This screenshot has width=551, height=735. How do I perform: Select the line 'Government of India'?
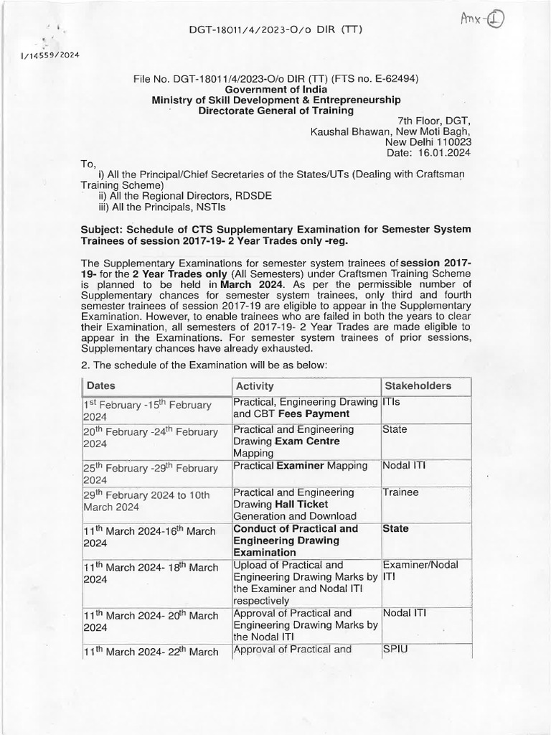pos(275,89)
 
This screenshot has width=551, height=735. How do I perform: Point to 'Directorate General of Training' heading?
pos(275,111)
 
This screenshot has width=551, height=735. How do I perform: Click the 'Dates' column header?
pos(101,386)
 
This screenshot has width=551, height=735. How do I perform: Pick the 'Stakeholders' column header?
pos(418,386)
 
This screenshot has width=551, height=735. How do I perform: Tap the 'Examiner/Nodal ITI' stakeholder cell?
pos(420,571)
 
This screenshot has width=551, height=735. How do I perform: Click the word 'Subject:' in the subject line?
pos(105,229)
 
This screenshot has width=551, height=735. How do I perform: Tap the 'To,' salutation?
pos(89,164)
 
